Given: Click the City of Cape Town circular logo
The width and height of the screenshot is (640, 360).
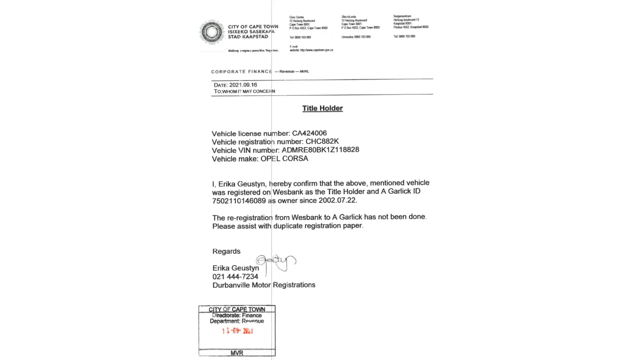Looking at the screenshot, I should pyautogui.click(x=212, y=32).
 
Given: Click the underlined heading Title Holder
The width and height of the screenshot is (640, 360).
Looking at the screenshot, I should pyautogui.click(x=322, y=108).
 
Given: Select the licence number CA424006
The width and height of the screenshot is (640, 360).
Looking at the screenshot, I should pyautogui.click(x=309, y=133).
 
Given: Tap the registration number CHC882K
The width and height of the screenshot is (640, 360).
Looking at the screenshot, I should pyautogui.click(x=322, y=141).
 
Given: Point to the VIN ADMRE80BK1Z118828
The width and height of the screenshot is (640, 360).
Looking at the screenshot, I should pyautogui.click(x=320, y=150).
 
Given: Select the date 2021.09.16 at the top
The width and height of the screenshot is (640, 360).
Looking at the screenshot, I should pyautogui.click(x=243, y=85).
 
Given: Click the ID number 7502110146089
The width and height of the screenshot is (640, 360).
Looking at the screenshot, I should pyautogui.click(x=239, y=201).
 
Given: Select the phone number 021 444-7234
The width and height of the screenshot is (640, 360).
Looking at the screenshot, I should pyautogui.click(x=235, y=276).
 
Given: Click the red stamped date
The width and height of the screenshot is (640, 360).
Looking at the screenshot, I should pyautogui.click(x=238, y=331).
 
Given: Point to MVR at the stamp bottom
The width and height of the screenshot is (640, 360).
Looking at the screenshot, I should pyautogui.click(x=237, y=353).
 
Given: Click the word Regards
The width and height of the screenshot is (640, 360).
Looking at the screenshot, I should pyautogui.click(x=226, y=251).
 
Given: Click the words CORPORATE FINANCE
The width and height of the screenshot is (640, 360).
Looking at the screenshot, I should pyautogui.click(x=242, y=72).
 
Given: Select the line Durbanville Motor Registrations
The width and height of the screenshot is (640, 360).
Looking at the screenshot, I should pyautogui.click(x=264, y=285).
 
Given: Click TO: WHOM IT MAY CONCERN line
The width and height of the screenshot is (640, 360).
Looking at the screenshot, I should pyautogui.click(x=244, y=91).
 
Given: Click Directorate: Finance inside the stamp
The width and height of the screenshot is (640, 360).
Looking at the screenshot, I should pyautogui.click(x=237, y=315).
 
